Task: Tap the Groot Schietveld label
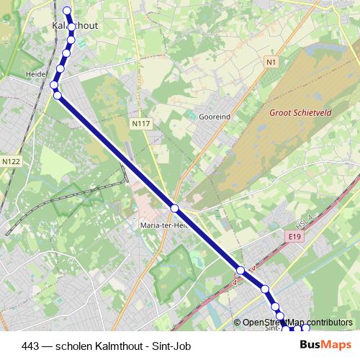coord(301,112)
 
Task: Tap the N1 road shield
coord(271,62)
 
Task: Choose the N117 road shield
coord(140,124)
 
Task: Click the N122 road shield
coord(11,162)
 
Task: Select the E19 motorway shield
coord(292,235)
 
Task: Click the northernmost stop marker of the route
coord(68,10)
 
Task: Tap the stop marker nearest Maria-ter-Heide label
coord(174,208)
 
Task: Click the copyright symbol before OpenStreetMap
coord(238,323)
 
